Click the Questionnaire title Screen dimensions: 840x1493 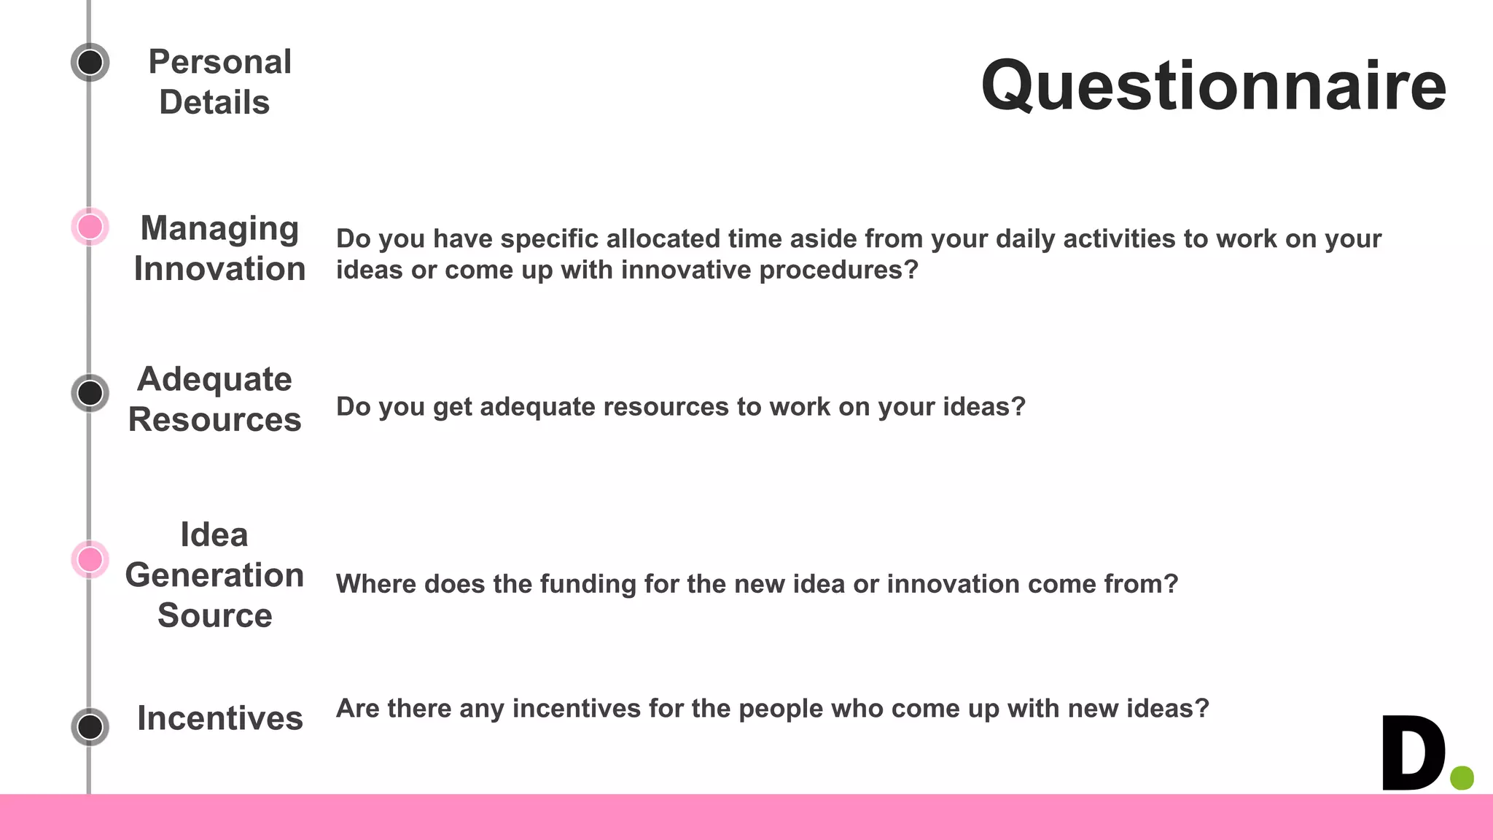1213,86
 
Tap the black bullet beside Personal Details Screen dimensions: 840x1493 90,62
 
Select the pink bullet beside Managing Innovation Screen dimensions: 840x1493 90,227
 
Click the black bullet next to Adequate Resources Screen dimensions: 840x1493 90,393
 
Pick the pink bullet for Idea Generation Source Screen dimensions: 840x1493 90,560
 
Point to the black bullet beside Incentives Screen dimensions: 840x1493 90,727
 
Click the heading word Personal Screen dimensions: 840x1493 219,62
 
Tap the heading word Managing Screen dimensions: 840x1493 219,228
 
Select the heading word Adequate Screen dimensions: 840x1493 214,379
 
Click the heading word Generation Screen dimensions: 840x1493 214,575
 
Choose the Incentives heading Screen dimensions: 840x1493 219,719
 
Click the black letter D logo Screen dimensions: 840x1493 1413,752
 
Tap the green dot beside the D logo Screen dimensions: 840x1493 1462,777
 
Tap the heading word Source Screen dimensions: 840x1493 214,615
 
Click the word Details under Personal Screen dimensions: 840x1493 214,103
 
